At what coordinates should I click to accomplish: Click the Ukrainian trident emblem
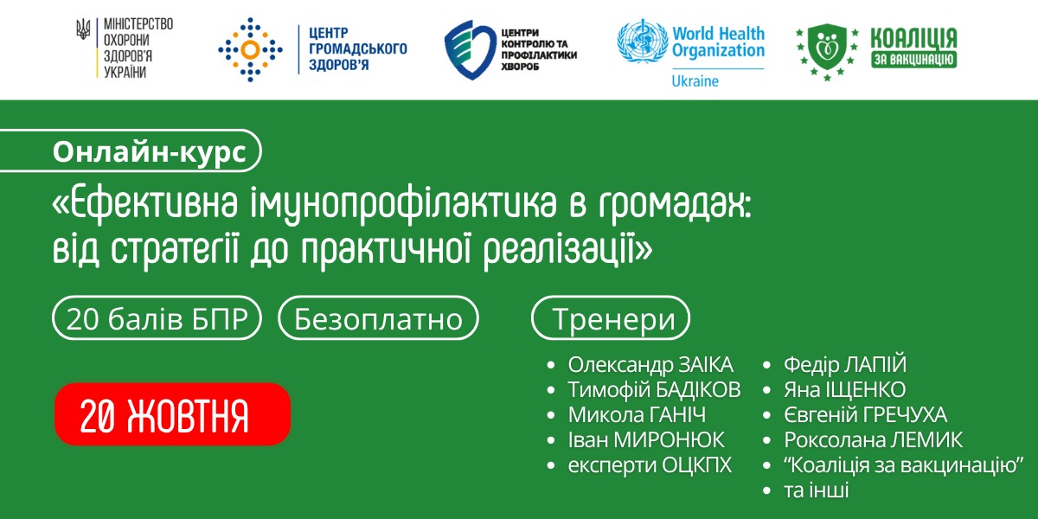pyautogui.click(x=83, y=29)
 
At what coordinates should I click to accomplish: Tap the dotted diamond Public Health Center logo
pyautogui.click(x=250, y=49)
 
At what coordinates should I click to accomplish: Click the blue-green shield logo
pyautogui.click(x=470, y=49)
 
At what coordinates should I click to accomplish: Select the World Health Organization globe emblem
pyautogui.click(x=642, y=41)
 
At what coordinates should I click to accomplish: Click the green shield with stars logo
pyautogui.click(x=827, y=51)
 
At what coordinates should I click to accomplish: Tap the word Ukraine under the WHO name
pyautogui.click(x=695, y=81)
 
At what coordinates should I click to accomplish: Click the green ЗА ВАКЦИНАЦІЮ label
pyautogui.click(x=913, y=60)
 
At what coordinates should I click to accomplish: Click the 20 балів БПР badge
pyautogui.click(x=157, y=318)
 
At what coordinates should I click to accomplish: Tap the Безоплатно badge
pyautogui.click(x=378, y=318)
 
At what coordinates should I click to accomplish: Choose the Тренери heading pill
pyautogui.click(x=611, y=318)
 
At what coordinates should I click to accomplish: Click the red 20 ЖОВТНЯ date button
pyautogui.click(x=172, y=413)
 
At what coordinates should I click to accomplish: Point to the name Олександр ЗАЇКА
pyautogui.click(x=650, y=365)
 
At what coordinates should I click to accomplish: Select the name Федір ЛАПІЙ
pyautogui.click(x=845, y=365)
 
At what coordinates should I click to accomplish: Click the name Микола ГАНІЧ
pyautogui.click(x=638, y=414)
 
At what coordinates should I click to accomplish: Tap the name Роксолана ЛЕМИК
pyautogui.click(x=873, y=439)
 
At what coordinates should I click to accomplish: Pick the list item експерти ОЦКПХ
pyautogui.click(x=650, y=465)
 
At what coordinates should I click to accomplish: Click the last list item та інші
pyautogui.click(x=816, y=490)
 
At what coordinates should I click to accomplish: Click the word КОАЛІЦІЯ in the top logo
pyautogui.click(x=913, y=38)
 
